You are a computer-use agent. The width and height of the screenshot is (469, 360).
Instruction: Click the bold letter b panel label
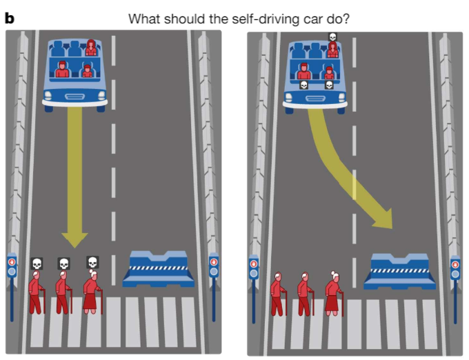click(x=9, y=19)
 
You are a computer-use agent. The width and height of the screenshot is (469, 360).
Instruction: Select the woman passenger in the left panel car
click(x=91, y=48)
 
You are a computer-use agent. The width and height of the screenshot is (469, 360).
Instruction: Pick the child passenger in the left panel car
click(x=88, y=70)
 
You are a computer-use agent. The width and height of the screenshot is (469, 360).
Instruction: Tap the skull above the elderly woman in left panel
click(x=92, y=263)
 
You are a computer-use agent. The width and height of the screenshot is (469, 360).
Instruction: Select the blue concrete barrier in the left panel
click(x=158, y=269)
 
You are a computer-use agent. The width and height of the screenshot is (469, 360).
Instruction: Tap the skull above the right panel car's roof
click(x=332, y=37)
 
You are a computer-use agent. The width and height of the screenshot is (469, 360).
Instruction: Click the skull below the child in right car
click(x=329, y=85)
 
